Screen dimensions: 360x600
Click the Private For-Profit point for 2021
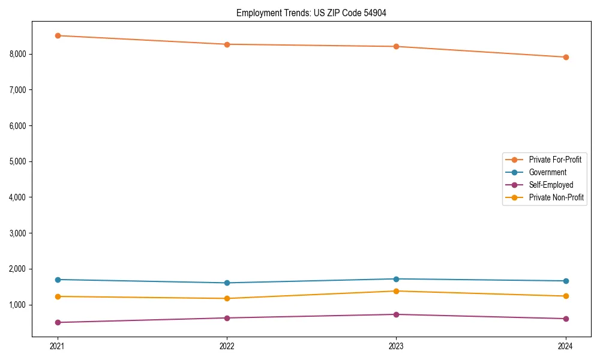(x=58, y=35)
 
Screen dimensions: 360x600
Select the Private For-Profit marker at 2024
(x=566, y=57)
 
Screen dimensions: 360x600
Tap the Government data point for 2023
(x=396, y=279)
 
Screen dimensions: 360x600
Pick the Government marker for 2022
(x=227, y=283)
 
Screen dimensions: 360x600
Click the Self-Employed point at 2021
(x=58, y=322)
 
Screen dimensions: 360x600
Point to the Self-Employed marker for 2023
(x=396, y=314)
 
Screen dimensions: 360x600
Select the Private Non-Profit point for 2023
(x=396, y=291)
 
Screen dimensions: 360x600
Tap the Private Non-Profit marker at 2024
(x=566, y=296)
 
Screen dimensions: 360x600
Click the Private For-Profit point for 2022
(x=227, y=44)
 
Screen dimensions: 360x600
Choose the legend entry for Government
(x=547, y=172)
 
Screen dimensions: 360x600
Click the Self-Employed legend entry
(x=551, y=185)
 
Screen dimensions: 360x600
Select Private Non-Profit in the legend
(x=556, y=197)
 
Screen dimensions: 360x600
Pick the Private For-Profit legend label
(x=555, y=160)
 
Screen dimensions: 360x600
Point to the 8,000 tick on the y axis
(x=18, y=54)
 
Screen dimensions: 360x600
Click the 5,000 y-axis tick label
(x=18, y=161)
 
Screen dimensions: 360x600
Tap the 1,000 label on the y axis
(x=18, y=305)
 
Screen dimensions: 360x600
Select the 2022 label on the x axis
(x=227, y=346)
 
